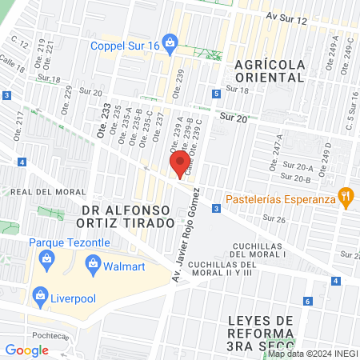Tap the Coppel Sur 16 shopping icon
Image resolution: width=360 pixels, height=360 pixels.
click(x=169, y=41)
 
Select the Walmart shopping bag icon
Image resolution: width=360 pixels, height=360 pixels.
click(x=94, y=263)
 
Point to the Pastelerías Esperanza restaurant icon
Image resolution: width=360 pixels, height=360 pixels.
click(x=346, y=195)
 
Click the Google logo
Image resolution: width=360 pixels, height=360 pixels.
click(x=26, y=350)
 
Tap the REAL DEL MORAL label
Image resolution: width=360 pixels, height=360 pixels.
click(x=43, y=192)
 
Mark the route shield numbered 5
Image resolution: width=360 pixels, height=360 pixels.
click(x=216, y=94)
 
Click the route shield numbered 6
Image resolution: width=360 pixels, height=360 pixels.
click(x=308, y=302)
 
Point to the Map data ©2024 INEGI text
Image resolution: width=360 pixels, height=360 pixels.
click(x=313, y=354)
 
